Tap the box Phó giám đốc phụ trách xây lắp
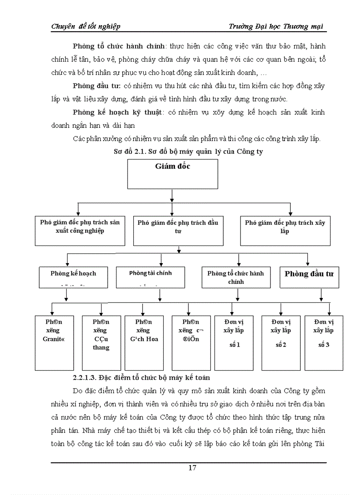285,230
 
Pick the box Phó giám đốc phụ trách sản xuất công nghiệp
80,230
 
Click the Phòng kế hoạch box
73,277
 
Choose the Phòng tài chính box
150,277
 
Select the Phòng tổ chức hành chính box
236,277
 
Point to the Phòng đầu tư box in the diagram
309,277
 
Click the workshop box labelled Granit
54,342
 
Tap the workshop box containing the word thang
101,342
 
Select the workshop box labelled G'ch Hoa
143,342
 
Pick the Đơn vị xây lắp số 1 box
233,342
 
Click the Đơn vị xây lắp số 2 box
281,342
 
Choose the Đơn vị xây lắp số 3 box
323,342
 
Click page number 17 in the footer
192,468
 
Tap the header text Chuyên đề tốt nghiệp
86,26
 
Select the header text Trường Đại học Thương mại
276,26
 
